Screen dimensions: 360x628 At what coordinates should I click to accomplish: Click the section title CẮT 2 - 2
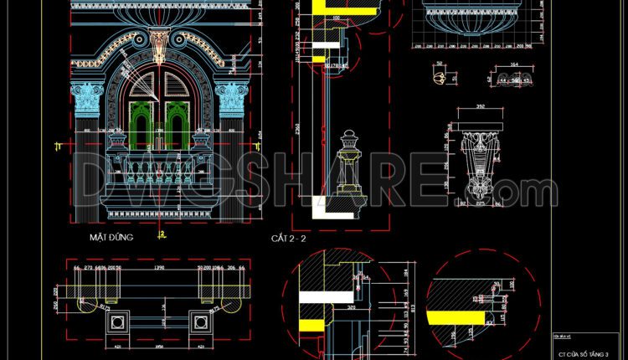[x=290, y=239]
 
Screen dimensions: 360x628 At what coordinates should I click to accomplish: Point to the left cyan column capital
[x=86, y=99]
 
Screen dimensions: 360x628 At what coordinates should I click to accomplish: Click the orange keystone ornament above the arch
[x=158, y=44]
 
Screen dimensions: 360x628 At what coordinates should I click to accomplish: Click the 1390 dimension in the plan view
[x=158, y=269]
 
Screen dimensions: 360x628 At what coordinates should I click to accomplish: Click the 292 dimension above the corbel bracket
[x=480, y=107]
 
